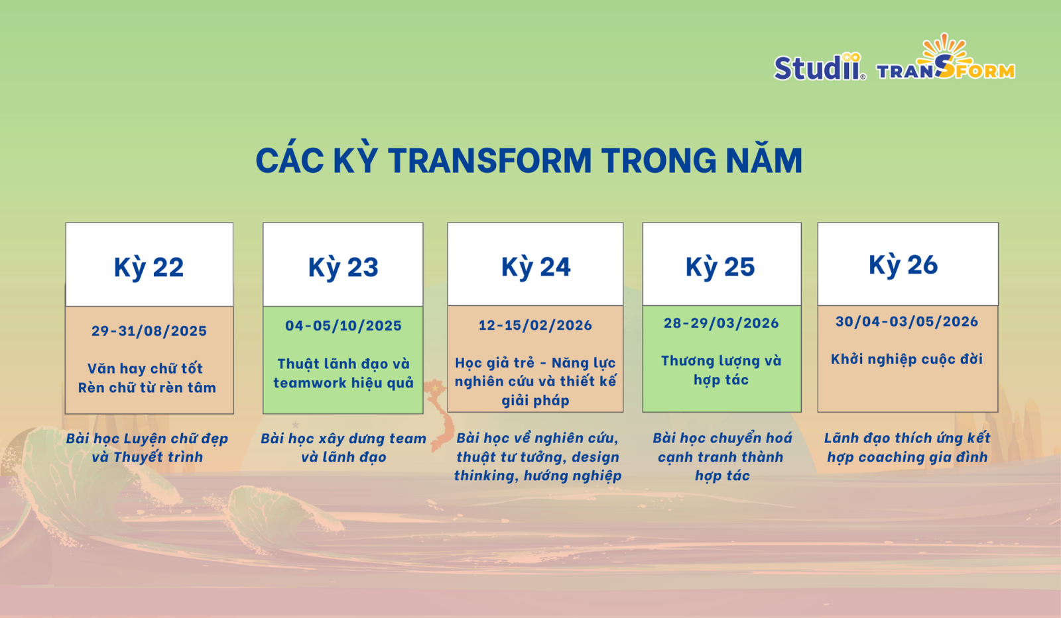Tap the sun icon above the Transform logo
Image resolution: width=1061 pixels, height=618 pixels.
coord(945,50)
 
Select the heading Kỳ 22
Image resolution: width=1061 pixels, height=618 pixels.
coord(149,268)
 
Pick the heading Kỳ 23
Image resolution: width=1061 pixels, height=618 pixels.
coord(343,268)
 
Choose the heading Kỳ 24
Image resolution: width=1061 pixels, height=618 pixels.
coord(536,267)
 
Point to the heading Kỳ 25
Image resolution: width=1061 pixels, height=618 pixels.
coord(720,267)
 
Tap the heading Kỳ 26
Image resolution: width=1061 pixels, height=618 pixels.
coord(903,265)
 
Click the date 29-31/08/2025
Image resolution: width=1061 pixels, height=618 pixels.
coord(149,331)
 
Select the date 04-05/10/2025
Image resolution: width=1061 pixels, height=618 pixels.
coord(343,326)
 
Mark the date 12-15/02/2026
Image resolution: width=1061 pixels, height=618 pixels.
coord(535,325)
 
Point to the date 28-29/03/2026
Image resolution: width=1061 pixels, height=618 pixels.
coord(721,323)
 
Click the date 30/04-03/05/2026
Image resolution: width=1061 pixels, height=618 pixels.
coord(906,322)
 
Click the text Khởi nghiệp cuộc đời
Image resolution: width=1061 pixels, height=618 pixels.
coord(906,360)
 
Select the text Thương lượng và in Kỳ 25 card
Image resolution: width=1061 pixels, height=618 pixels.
coord(721,361)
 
